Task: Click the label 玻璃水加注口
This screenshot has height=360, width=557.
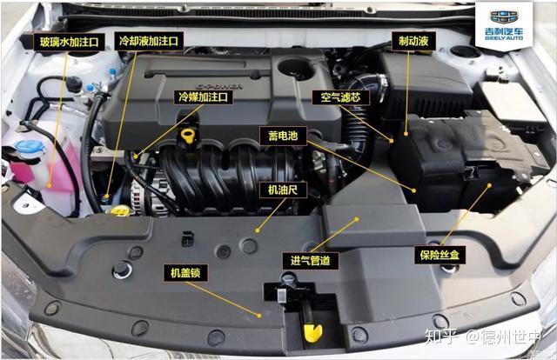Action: [70, 43]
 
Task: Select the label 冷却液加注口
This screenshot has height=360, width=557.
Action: [149, 41]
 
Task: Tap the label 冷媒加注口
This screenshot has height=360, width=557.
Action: [203, 97]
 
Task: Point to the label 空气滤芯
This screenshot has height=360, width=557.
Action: [341, 97]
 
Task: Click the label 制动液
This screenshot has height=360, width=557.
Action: [413, 41]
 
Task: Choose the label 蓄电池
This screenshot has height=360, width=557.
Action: [283, 136]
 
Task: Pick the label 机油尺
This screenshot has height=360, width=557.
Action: [283, 190]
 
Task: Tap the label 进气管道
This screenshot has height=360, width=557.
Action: [311, 261]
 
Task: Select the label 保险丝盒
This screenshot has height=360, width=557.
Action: [440, 255]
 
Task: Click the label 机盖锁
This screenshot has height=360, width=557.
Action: [185, 273]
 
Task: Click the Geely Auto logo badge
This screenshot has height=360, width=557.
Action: [504, 25]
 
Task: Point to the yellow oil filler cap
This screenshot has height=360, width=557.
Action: [188, 136]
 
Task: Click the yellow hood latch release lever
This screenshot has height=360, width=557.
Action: [313, 333]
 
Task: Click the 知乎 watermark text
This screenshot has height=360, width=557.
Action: [441, 337]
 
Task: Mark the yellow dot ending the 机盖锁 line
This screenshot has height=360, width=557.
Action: [259, 316]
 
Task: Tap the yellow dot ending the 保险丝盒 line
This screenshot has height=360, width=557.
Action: [489, 185]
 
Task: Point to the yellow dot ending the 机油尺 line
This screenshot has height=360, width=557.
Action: [258, 230]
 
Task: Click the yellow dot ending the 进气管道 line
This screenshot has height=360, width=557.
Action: [357, 219]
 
